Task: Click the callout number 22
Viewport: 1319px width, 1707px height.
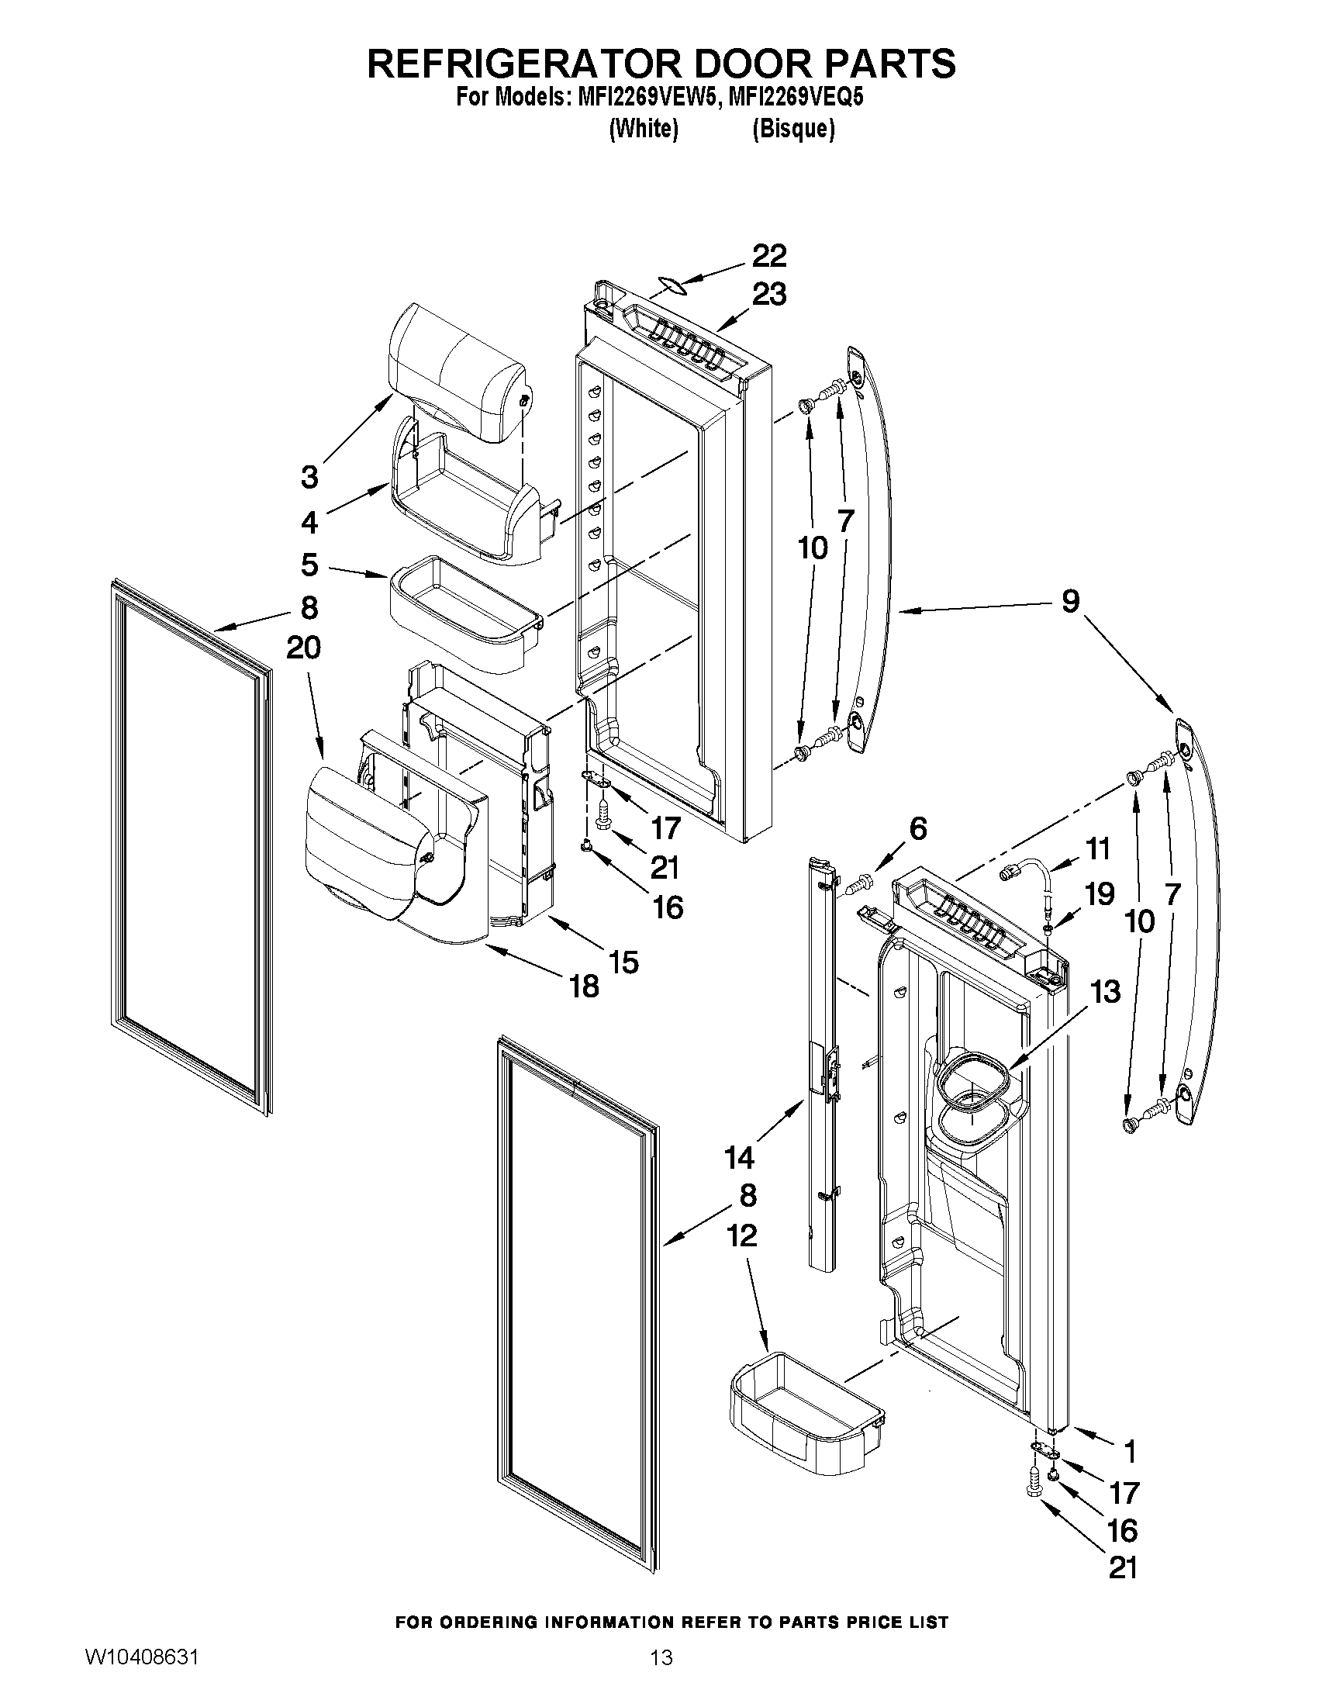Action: pyautogui.click(x=769, y=257)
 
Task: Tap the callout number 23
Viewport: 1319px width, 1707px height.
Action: pyautogui.click(x=769, y=295)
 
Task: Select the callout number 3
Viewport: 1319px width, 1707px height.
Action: pyautogui.click(x=309, y=477)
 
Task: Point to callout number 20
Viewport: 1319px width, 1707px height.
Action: pyautogui.click(x=303, y=648)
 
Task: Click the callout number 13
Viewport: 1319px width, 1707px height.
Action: pyautogui.click(x=1105, y=992)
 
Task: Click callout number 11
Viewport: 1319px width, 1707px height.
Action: pyautogui.click(x=1098, y=848)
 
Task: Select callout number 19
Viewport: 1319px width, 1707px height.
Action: pyautogui.click(x=1100, y=894)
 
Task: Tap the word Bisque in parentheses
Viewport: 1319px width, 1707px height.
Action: pyautogui.click(x=793, y=129)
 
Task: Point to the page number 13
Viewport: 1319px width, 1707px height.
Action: pyautogui.click(x=661, y=1674)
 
